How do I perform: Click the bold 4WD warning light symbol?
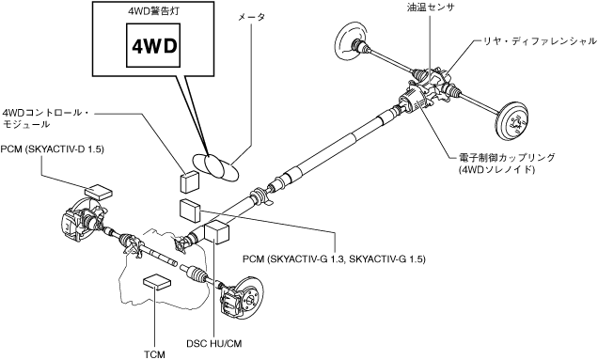[154, 46]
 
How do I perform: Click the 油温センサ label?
[431, 7]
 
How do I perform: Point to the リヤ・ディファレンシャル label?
[540, 40]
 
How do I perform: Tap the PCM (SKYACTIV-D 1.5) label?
[53, 149]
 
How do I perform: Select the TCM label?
[154, 354]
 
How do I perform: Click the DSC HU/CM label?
[214, 343]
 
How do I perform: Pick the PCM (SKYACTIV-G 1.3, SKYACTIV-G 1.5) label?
[334, 258]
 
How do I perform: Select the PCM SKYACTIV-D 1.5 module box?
[98, 192]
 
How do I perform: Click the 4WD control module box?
[189, 181]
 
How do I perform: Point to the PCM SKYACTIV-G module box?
[190, 211]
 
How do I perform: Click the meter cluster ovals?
[215, 166]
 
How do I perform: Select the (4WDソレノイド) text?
[496, 169]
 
